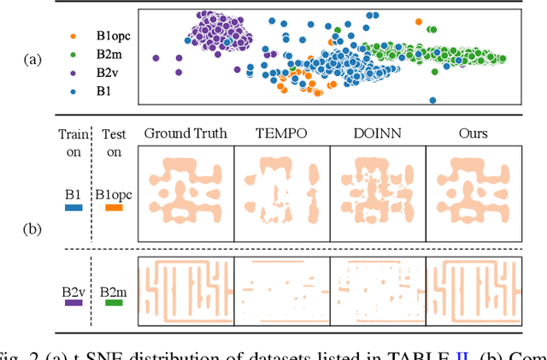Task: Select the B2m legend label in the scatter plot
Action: (101, 53)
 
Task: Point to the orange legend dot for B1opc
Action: (72, 37)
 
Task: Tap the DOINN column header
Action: (374, 133)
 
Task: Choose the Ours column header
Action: (471, 133)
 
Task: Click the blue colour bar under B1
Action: (73, 207)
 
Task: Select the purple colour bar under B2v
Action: (73, 302)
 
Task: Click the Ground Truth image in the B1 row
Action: (185, 191)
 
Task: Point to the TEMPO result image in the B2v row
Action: (280, 291)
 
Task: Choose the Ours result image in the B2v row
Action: (472, 291)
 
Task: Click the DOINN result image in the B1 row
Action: (376, 191)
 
